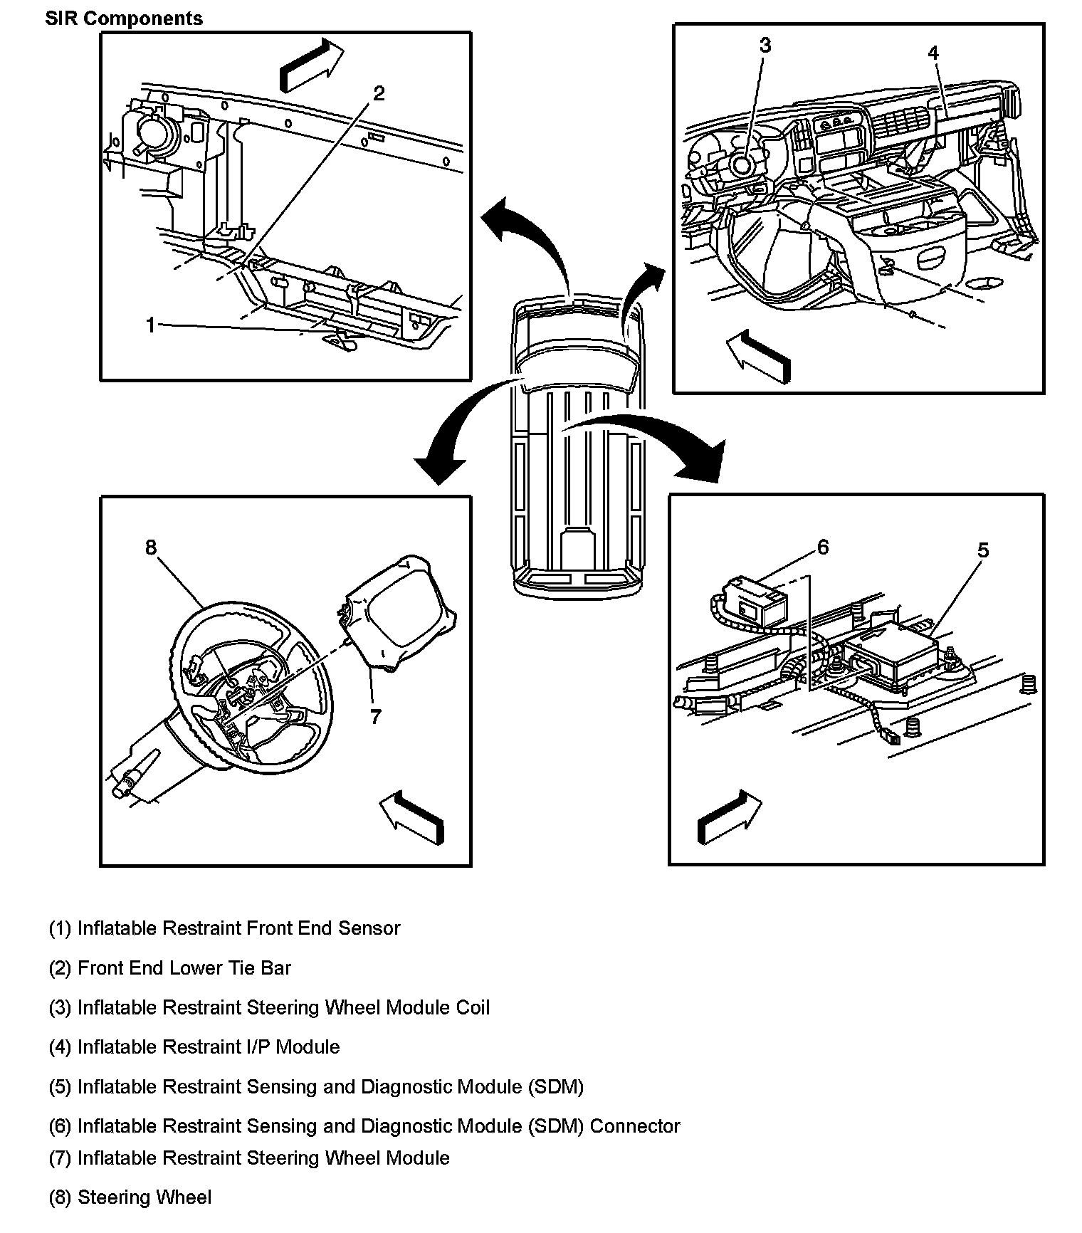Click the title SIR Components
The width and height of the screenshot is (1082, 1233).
point(124,19)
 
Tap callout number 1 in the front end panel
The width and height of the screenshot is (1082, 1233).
point(150,325)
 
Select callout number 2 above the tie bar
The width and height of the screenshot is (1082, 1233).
point(379,93)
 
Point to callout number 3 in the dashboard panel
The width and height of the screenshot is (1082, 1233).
point(765,46)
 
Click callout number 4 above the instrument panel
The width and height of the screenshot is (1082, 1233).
point(933,53)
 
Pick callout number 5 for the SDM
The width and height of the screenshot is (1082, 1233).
point(982,550)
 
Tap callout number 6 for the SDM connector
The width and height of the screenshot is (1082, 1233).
point(823,547)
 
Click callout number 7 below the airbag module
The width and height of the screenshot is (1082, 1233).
point(376,716)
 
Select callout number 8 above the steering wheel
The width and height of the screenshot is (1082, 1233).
point(151,547)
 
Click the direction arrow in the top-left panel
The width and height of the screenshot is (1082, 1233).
point(310,65)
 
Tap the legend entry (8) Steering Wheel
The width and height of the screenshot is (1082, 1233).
point(130,1197)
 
